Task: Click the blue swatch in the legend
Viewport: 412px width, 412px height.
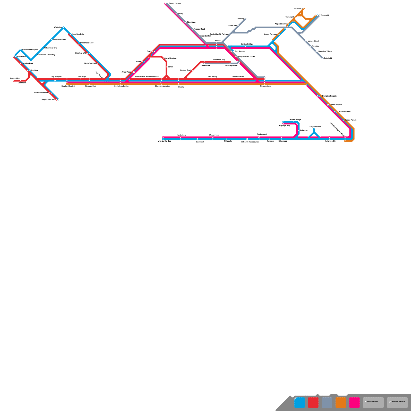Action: (299, 402)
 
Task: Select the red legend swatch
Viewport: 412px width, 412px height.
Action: (313, 402)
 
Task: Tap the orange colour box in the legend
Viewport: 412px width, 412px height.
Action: (341, 402)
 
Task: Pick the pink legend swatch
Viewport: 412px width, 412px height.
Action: (354, 402)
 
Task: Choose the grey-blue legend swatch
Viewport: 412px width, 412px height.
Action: (327, 402)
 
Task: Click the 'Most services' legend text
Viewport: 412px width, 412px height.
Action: (373, 402)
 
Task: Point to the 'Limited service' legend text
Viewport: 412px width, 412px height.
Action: (398, 402)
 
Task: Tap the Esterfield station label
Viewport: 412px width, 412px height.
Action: (328, 58)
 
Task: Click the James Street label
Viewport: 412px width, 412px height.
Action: (313, 41)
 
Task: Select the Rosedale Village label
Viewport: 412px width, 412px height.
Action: (325, 51)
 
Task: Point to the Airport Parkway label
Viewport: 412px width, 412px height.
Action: (270, 34)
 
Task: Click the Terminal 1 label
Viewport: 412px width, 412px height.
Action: (289, 17)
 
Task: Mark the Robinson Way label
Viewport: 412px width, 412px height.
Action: (219, 60)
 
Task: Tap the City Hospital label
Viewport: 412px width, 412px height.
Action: (56, 77)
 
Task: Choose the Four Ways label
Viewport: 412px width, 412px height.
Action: (82, 77)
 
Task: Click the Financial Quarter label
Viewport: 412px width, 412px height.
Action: (41, 92)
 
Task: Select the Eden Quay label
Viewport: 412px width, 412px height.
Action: (191, 22)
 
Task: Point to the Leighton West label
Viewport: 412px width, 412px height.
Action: (315, 126)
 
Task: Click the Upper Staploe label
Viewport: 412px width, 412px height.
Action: (336, 105)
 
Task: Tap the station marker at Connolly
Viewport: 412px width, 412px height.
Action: (245, 19)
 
